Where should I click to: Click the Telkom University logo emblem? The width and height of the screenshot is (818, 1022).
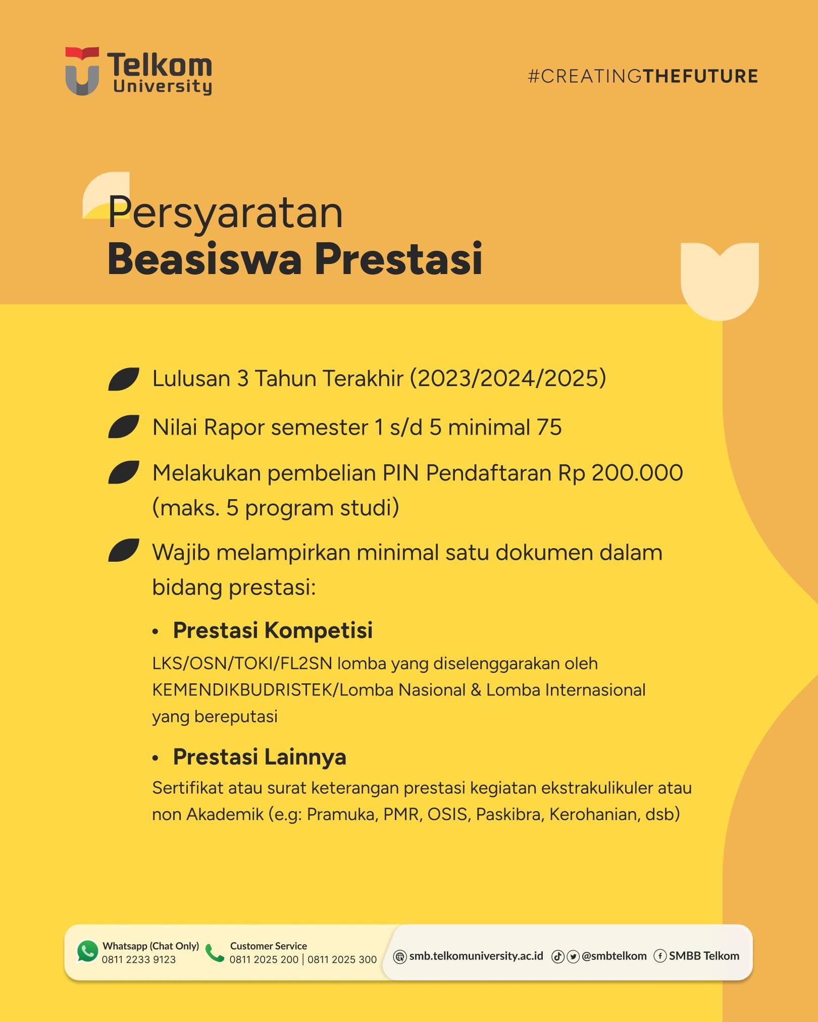[82, 71]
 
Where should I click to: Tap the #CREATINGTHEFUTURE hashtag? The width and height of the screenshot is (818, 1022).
[642, 76]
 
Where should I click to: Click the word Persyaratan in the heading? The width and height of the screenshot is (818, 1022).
[225, 212]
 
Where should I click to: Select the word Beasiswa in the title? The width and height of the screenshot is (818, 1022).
[205, 259]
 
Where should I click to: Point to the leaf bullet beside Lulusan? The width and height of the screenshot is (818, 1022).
[124, 379]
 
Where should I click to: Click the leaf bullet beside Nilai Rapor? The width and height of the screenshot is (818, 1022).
[124, 427]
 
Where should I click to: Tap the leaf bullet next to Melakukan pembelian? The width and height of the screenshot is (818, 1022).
[124, 473]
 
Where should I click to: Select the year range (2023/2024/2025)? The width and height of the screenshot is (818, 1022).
[507, 379]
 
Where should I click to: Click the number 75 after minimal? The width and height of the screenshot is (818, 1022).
[549, 427]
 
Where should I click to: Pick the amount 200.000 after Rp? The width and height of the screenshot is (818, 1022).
[637, 473]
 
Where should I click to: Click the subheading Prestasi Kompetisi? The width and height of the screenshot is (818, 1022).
[273, 630]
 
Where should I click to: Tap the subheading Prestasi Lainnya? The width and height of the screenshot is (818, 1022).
[260, 757]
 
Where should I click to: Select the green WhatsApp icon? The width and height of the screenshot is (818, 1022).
[87, 951]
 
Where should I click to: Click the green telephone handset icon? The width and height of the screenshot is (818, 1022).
[215, 953]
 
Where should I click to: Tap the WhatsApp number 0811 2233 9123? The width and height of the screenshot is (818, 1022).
[139, 959]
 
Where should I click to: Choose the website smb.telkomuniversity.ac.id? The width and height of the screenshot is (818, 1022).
[476, 956]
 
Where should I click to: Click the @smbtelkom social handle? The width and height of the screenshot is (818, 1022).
[614, 956]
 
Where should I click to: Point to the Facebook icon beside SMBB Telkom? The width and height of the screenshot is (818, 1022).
[660, 956]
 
